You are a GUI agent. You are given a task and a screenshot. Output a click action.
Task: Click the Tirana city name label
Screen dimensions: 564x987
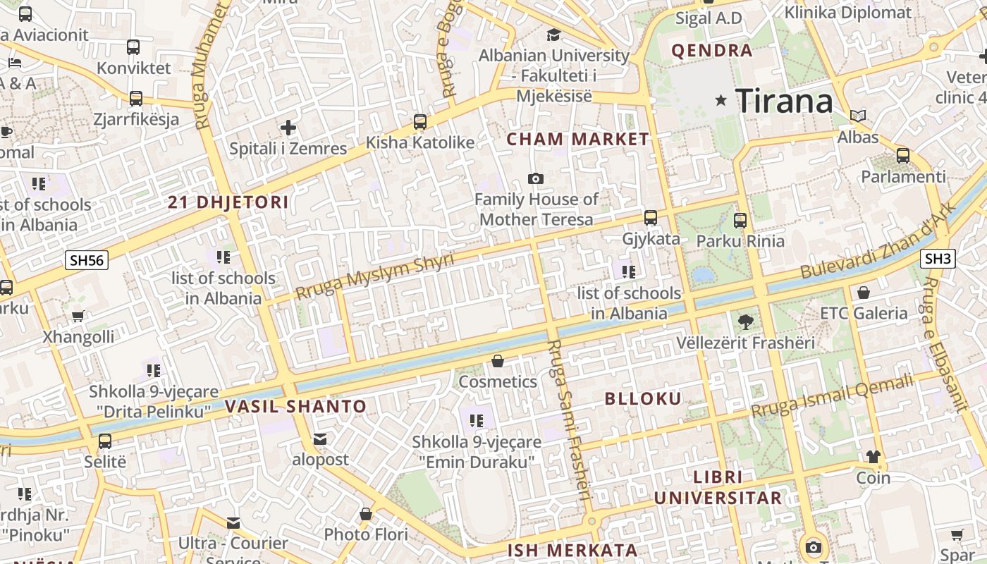click(x=784, y=102)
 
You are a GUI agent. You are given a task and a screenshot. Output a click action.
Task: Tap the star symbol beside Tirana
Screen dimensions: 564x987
click(x=721, y=101)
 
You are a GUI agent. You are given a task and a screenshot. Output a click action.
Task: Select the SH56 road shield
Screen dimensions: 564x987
click(x=87, y=260)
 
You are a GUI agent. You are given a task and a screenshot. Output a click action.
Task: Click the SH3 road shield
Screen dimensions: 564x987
click(x=938, y=259)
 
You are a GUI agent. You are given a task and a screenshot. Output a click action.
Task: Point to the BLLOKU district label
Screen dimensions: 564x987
click(x=643, y=399)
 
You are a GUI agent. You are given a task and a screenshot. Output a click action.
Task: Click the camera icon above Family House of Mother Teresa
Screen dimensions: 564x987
click(x=536, y=179)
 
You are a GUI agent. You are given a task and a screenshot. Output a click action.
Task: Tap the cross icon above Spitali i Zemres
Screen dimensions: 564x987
click(x=288, y=128)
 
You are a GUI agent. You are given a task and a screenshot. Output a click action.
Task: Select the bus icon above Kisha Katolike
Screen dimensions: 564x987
click(x=420, y=122)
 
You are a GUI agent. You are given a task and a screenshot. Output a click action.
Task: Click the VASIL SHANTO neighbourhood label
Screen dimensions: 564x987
click(x=295, y=407)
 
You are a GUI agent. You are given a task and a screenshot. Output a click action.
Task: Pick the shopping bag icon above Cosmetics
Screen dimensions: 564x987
click(x=498, y=362)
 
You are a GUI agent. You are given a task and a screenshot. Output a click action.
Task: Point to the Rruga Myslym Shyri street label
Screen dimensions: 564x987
click(x=374, y=276)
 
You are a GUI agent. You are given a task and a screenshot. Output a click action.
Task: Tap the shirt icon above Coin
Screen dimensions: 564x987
click(x=873, y=457)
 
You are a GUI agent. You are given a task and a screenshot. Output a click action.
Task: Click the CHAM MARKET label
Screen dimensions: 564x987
click(x=577, y=140)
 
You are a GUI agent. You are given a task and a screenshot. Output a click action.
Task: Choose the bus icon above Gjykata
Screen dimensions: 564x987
click(x=651, y=218)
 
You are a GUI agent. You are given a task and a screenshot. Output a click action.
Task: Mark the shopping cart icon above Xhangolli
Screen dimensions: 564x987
click(x=78, y=317)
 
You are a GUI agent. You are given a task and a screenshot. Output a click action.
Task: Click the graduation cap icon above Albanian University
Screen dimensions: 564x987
click(x=553, y=35)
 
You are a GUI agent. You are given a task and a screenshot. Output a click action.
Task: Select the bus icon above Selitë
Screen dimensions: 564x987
click(x=105, y=442)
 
